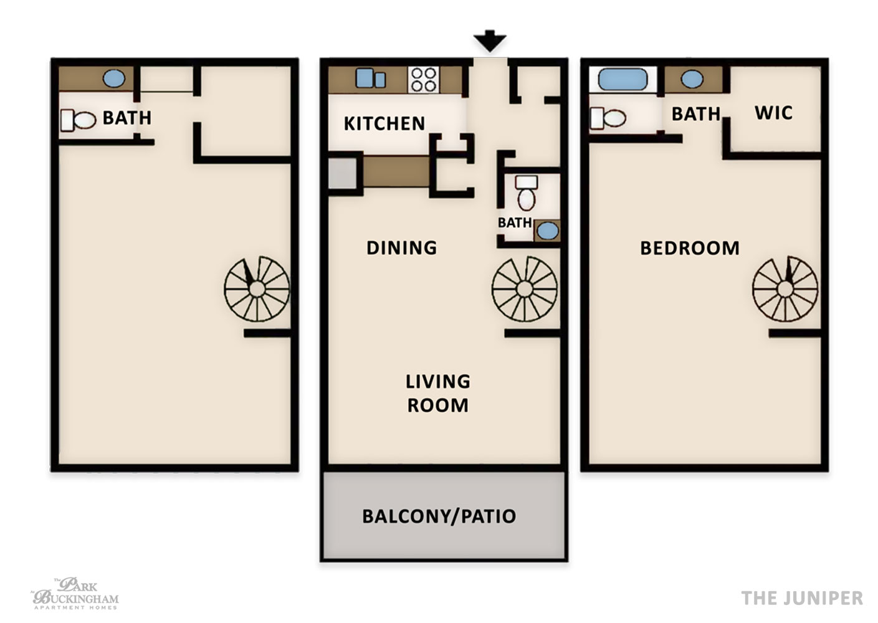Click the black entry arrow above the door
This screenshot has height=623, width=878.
490,40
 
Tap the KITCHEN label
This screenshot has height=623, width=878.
384,123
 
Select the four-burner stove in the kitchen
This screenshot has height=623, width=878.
423,80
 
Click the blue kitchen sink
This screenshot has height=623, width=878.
370,78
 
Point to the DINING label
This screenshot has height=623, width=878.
401,247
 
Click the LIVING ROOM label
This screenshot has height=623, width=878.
438,393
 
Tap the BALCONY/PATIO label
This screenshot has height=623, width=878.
439,516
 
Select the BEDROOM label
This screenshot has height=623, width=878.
689,248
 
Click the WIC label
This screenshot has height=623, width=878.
773,113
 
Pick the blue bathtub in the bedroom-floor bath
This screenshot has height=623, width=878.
623,80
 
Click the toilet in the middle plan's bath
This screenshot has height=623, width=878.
526,193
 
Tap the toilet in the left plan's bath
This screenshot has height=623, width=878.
79,120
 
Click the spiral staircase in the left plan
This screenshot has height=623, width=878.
257,289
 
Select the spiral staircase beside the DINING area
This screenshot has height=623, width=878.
525,289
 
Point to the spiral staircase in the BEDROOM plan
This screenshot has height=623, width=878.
785,289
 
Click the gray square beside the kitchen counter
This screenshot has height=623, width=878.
342,173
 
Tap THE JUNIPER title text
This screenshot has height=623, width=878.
802,598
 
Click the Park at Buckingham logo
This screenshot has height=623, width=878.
75,593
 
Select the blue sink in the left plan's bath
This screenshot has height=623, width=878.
114,78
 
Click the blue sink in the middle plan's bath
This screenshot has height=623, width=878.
547,231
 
